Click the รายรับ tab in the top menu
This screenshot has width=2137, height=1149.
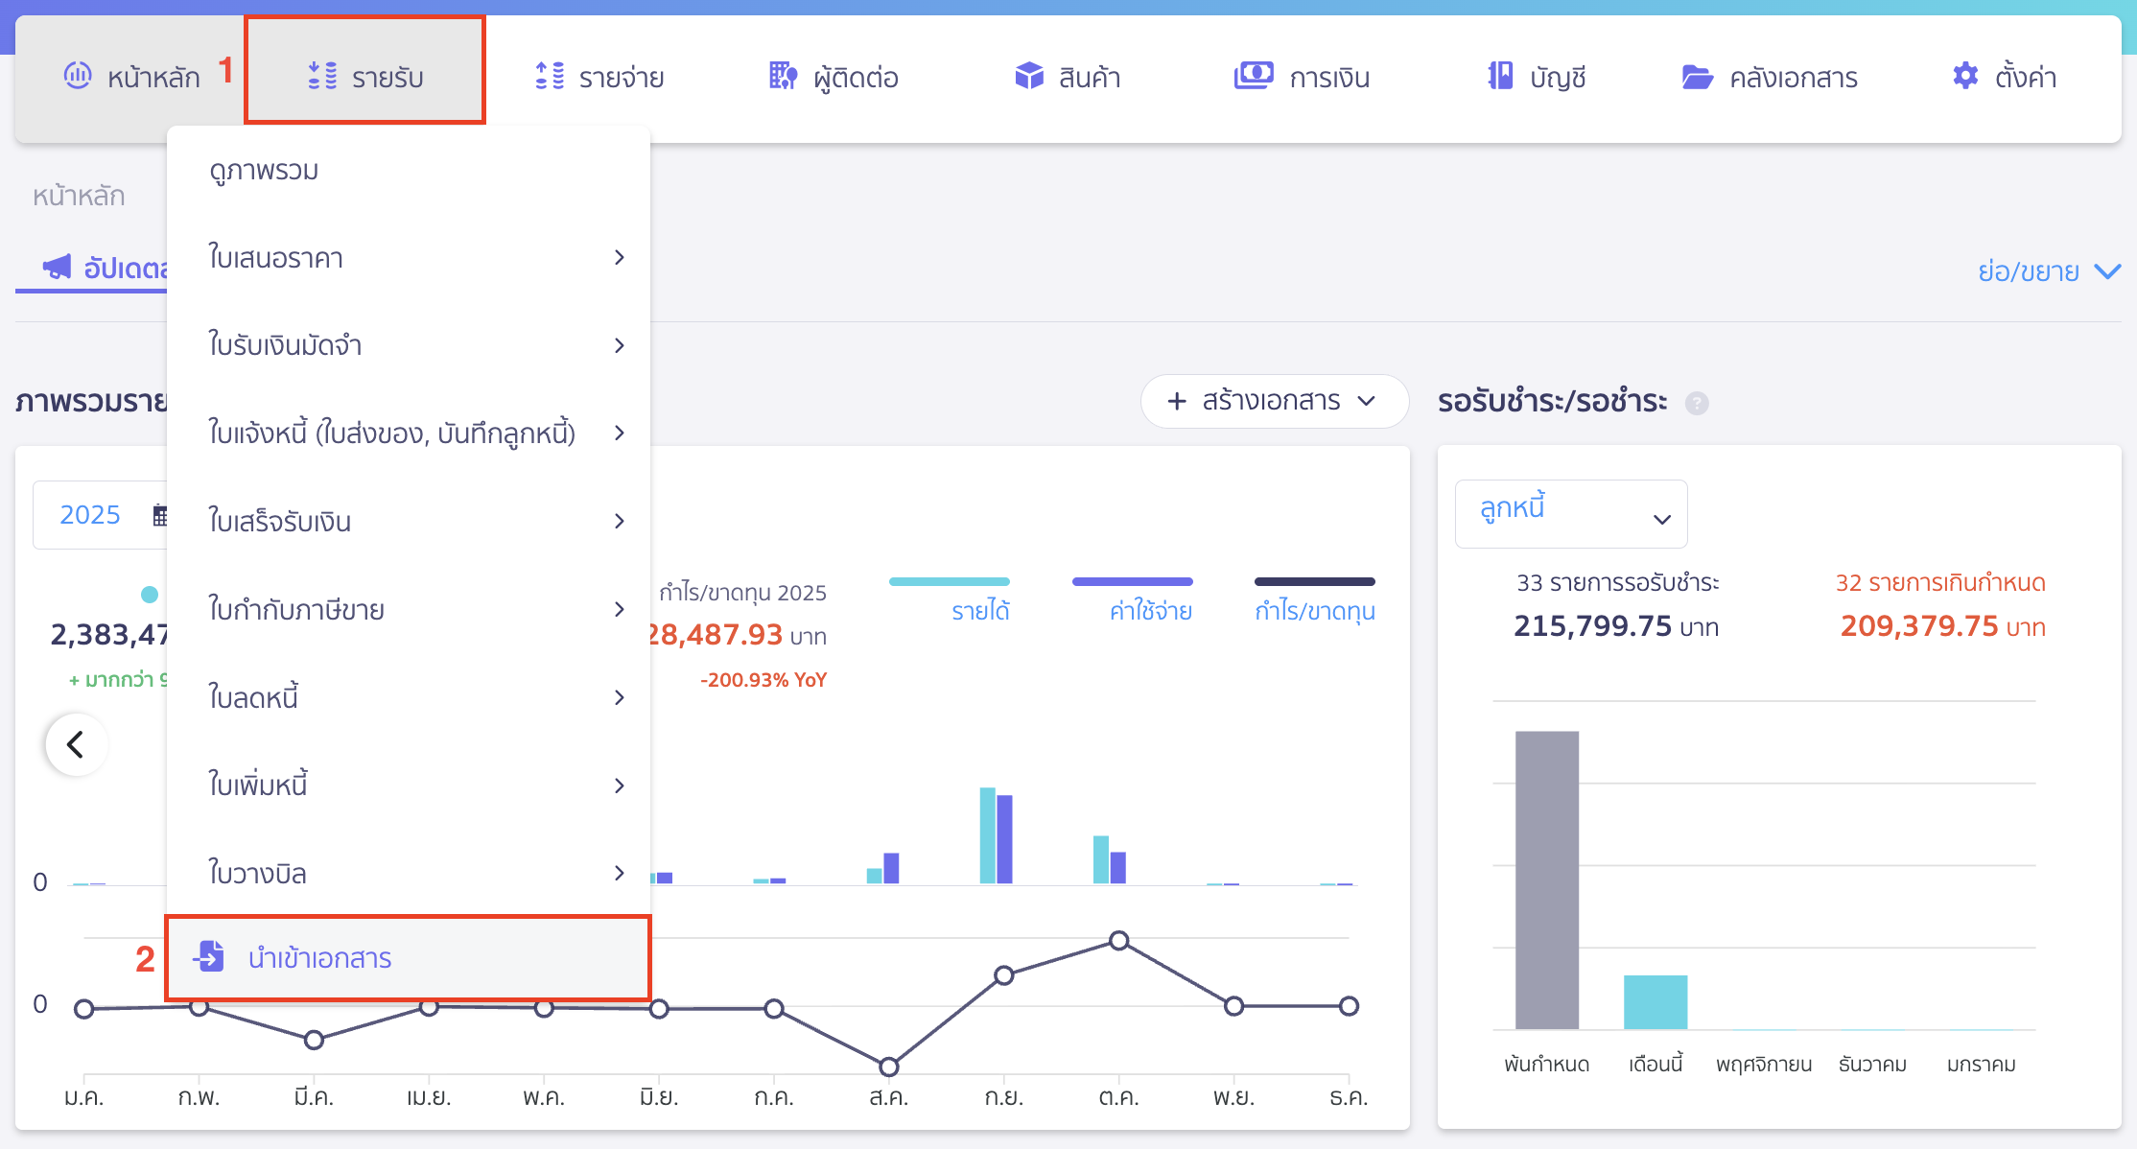pyautogui.click(x=365, y=76)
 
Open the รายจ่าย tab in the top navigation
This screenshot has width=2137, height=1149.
pyautogui.click(x=599, y=77)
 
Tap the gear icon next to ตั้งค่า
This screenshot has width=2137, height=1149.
pyautogui.click(x=1965, y=76)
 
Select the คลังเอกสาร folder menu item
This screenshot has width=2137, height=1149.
pyautogui.click(x=1770, y=77)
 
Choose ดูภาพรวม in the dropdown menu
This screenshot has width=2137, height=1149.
pyautogui.click(x=264, y=171)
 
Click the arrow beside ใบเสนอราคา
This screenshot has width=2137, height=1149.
pyautogui.click(x=620, y=257)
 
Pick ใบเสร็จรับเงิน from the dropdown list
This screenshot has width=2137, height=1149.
pyautogui.click(x=280, y=521)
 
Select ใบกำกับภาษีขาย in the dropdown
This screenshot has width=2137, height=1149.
pyautogui.click(x=296, y=609)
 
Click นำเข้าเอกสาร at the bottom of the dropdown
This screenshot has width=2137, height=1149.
pyautogui.click(x=319, y=958)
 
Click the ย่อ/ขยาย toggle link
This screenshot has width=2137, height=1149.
pyautogui.click(x=2047, y=271)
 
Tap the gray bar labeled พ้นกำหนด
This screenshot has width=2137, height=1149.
pyautogui.click(x=1546, y=879)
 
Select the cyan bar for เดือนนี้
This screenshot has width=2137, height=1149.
pyautogui.click(x=1655, y=1001)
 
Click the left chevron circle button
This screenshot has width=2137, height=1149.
pyautogui.click(x=76, y=744)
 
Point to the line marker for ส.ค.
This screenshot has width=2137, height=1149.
pyautogui.click(x=888, y=1067)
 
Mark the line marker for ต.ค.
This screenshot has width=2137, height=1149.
pyautogui.click(x=1118, y=940)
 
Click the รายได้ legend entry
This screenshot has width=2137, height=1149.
pyautogui.click(x=979, y=610)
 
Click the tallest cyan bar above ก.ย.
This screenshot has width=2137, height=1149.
pyautogui.click(x=987, y=834)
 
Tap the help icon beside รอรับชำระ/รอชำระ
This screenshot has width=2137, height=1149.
pyautogui.click(x=1697, y=403)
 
